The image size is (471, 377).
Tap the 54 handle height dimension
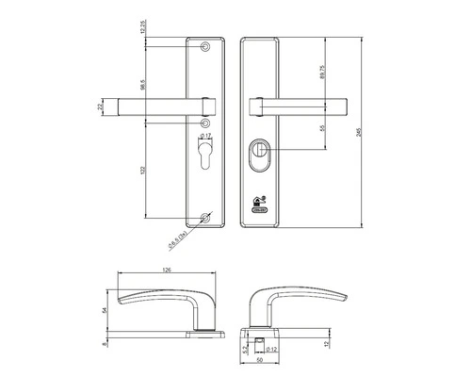click(x=106, y=309)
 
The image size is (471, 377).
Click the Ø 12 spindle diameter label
click(x=270, y=350)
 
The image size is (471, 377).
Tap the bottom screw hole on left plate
click(x=206, y=219)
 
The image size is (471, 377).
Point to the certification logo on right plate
click(x=259, y=203)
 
